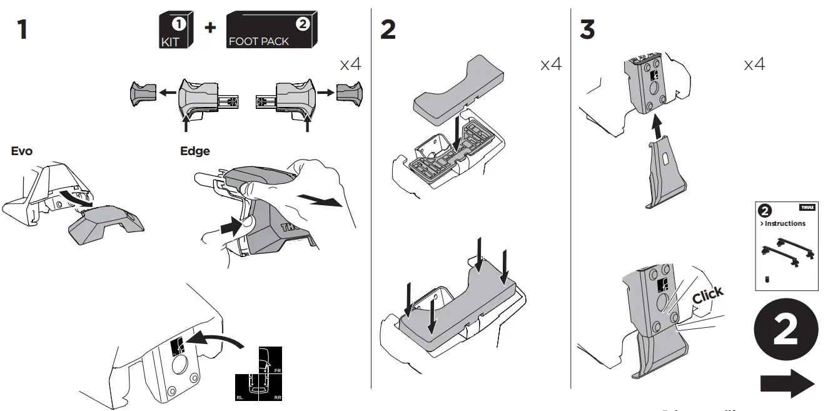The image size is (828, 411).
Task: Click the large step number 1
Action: pos(23,29)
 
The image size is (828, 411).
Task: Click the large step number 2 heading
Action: pos(388,29)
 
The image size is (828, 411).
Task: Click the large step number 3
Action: pos(587,29)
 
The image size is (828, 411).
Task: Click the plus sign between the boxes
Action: pos(210,28)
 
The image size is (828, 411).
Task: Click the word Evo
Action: pos(22,151)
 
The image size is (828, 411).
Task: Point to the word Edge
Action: pos(194,151)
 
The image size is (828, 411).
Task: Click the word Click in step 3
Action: pos(708,295)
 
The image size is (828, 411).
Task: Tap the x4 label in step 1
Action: pos(350,64)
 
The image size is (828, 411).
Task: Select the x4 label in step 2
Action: pos(551,64)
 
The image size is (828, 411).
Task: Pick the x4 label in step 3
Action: pos(754,64)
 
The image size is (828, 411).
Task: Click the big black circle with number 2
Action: pos(785,331)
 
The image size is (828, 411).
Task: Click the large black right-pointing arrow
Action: pos(787,383)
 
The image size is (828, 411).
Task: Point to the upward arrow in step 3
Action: pos(656,128)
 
